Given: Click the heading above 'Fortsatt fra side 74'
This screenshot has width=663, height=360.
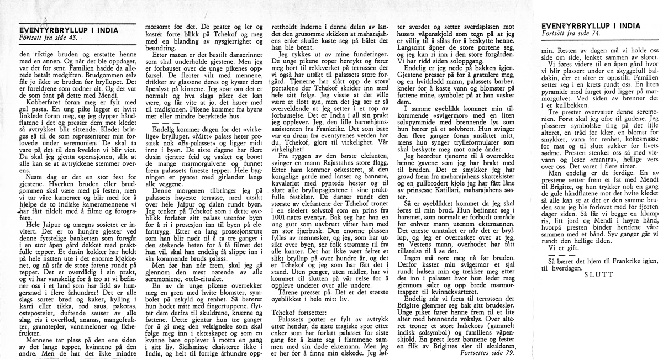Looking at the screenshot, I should click(592, 26).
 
